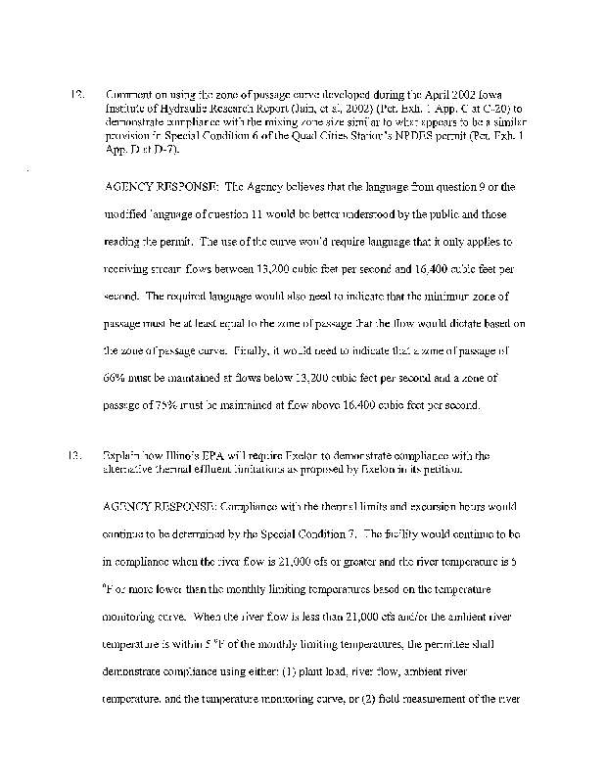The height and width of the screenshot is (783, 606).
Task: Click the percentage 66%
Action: pyautogui.click(x=117, y=377)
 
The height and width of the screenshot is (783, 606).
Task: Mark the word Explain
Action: pyautogui.click(x=121, y=455)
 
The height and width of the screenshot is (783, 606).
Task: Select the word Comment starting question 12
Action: pyautogui.click(x=129, y=95)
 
